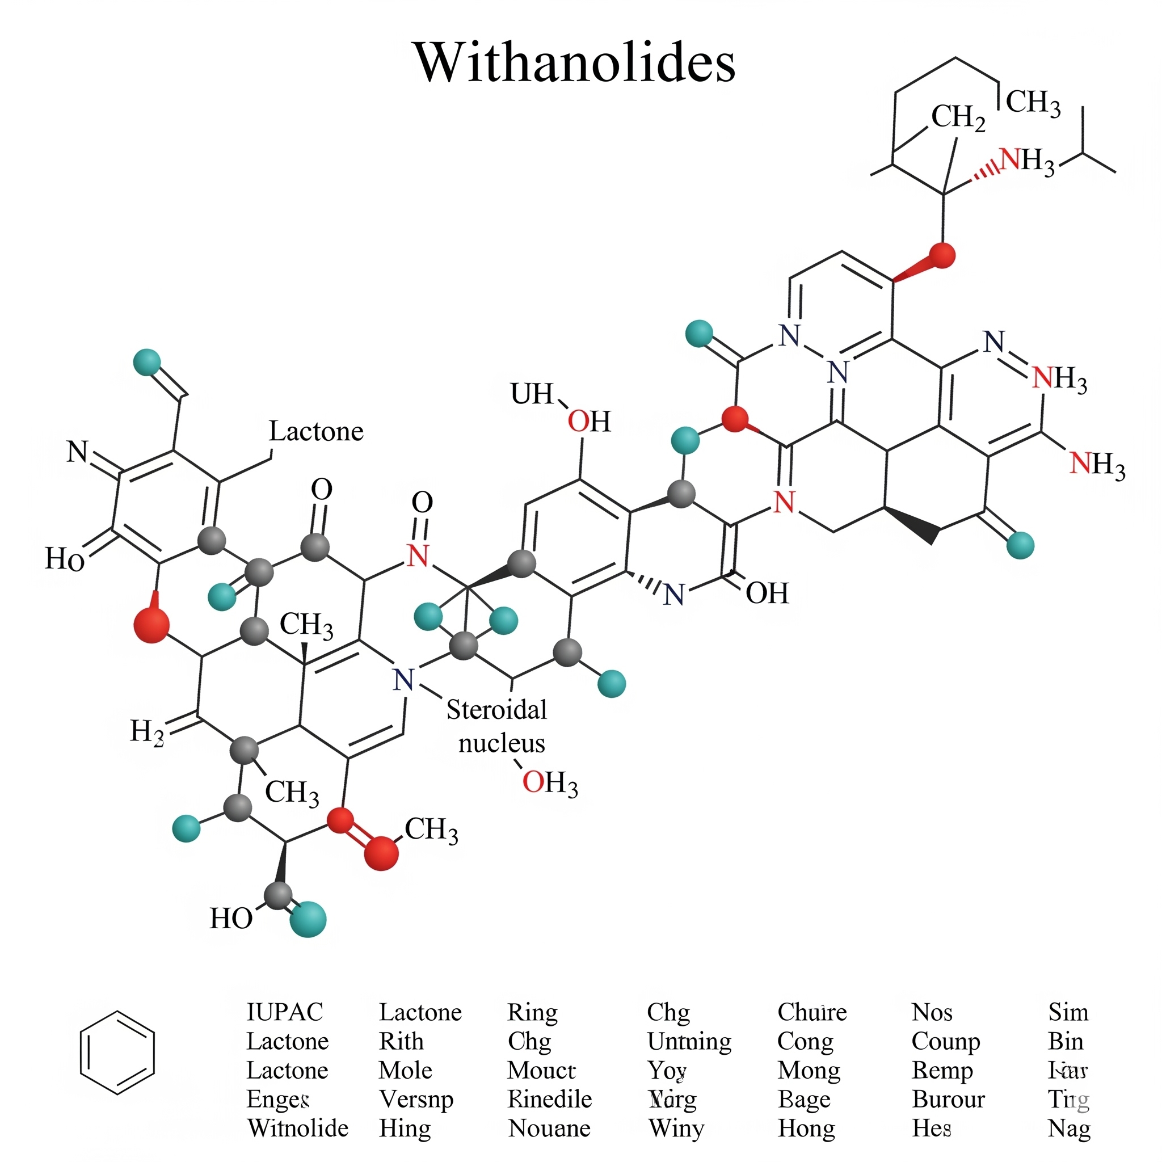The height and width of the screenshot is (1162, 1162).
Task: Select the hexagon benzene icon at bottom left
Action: click(x=117, y=1052)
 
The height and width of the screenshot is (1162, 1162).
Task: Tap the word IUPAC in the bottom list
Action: click(x=284, y=1012)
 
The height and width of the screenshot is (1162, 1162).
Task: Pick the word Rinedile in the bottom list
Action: click(x=550, y=1099)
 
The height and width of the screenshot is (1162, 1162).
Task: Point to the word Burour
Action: click(x=948, y=1099)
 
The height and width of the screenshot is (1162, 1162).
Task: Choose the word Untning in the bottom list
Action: click(x=689, y=1041)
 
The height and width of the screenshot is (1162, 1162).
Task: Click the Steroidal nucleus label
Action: click(x=498, y=726)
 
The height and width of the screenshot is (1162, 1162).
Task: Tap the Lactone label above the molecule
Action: click(x=316, y=431)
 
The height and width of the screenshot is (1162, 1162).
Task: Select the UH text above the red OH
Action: click(x=532, y=394)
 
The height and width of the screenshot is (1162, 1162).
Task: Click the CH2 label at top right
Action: click(x=958, y=117)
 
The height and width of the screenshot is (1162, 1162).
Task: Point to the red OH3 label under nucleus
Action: click(x=550, y=783)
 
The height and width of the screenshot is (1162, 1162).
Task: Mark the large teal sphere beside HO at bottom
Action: click(x=308, y=919)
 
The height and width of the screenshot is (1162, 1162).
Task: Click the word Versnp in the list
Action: click(x=416, y=1099)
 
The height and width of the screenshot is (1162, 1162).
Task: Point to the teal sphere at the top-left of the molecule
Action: click(x=147, y=362)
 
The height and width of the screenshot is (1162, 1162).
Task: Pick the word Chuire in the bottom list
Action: click(x=811, y=1012)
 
